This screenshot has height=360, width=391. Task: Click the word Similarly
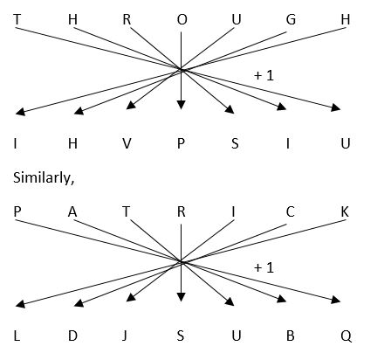[x=44, y=177]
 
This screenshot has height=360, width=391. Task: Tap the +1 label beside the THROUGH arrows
[x=264, y=75]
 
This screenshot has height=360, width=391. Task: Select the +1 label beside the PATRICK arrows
[x=264, y=267]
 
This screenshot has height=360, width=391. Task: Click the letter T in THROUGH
[x=17, y=19]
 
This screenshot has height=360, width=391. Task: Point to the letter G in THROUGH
[x=291, y=19]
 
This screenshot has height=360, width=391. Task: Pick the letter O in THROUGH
[x=182, y=19]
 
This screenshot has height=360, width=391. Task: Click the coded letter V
[x=127, y=143]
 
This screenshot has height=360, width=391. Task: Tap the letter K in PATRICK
[x=345, y=211]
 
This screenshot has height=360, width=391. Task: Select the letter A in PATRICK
[x=72, y=211]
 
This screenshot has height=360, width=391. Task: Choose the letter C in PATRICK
[x=290, y=211]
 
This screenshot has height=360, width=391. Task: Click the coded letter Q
[x=346, y=336]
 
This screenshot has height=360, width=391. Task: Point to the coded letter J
[x=125, y=336]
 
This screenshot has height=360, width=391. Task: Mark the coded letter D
[x=72, y=336]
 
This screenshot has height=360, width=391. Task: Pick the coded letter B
[x=291, y=336]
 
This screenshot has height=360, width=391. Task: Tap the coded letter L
[x=17, y=336]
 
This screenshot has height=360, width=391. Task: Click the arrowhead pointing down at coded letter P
[x=181, y=104]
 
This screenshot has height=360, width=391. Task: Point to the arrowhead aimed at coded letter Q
[x=336, y=300]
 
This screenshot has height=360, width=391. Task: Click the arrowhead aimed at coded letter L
[x=20, y=304]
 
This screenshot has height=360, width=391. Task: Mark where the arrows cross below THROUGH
[x=181, y=69]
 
